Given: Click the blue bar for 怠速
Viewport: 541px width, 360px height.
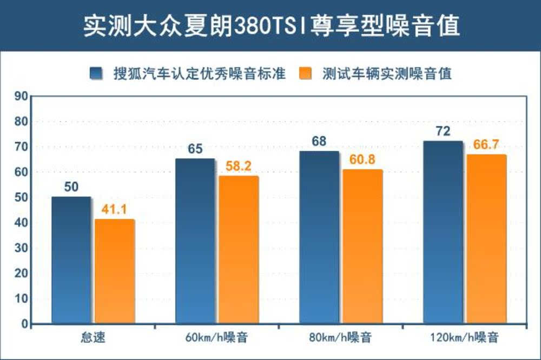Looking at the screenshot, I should [x=71, y=260].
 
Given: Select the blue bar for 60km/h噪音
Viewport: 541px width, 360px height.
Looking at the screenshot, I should [x=195, y=241].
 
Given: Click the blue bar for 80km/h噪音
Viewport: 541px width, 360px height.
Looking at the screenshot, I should [x=319, y=237].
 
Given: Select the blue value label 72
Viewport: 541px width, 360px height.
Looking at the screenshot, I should [x=443, y=131].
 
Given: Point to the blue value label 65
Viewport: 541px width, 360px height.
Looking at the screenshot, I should [x=195, y=149].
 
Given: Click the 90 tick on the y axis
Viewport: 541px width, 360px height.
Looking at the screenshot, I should [x=21, y=97].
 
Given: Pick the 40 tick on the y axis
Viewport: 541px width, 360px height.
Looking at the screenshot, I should [x=21, y=223].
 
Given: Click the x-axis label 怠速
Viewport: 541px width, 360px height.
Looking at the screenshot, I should [x=93, y=339].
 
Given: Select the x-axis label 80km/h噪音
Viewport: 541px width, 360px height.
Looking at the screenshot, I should [x=341, y=339].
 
